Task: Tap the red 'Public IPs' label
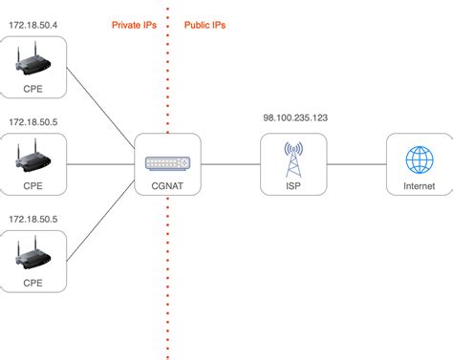pyautogui.click(x=206, y=24)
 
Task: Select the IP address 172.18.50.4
pyautogui.click(x=32, y=24)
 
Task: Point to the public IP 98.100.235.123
pyautogui.click(x=294, y=117)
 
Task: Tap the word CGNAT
pyautogui.click(x=166, y=184)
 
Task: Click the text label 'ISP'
pyautogui.click(x=293, y=184)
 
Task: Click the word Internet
pyautogui.click(x=419, y=184)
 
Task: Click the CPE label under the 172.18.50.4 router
pyautogui.click(x=32, y=88)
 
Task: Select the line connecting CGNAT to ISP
pyautogui.click(x=229, y=164)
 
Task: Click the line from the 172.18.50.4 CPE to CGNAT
pyautogui.click(x=100, y=113)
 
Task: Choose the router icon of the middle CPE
pyautogui.click(x=32, y=155)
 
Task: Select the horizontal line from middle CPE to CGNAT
pyautogui.click(x=100, y=164)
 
